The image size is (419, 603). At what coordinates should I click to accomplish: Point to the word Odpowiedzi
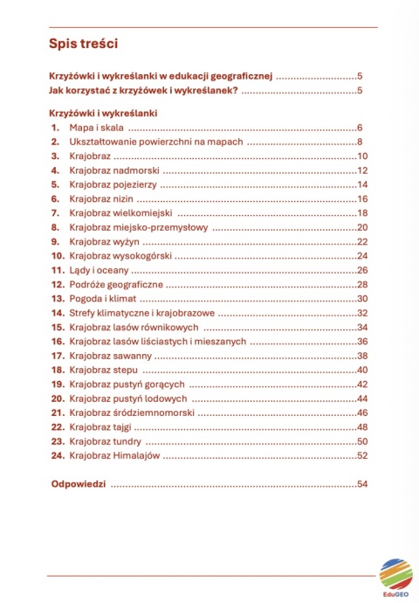coord(78,484)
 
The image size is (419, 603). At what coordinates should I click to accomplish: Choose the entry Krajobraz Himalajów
coord(113,455)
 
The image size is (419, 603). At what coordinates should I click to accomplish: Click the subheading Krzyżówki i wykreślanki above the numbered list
coord(103,113)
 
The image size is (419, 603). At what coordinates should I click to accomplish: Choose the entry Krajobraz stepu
coord(101,370)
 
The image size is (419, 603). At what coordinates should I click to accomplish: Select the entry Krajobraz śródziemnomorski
coord(131,412)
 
